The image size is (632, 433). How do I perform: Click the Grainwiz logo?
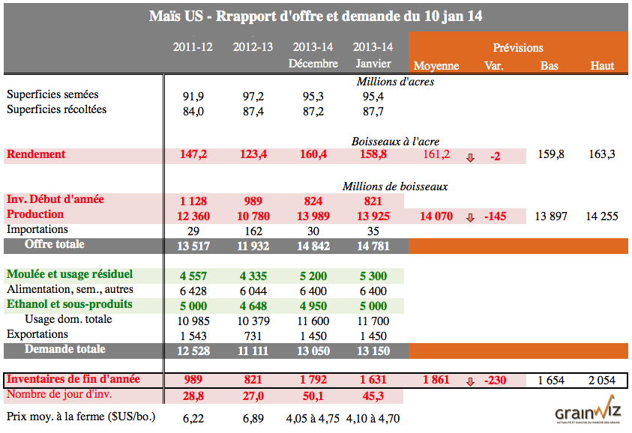coord(586,414)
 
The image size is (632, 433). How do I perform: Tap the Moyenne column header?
coord(436,65)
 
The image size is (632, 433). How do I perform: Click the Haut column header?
coord(602,65)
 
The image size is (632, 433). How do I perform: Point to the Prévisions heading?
coord(518,48)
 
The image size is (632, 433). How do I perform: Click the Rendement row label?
coord(36,155)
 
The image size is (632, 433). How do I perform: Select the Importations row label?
coord(37,229)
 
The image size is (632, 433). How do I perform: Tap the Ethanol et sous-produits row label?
coord(69,305)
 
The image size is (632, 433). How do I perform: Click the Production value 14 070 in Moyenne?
coord(436,216)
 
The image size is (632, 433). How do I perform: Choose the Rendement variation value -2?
coord(495,156)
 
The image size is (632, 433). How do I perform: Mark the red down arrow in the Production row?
coord(471,217)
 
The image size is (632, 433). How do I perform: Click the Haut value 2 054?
coord(602,381)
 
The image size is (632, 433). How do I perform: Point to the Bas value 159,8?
coord(551,155)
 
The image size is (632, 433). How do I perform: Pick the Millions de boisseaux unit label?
coord(395,186)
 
